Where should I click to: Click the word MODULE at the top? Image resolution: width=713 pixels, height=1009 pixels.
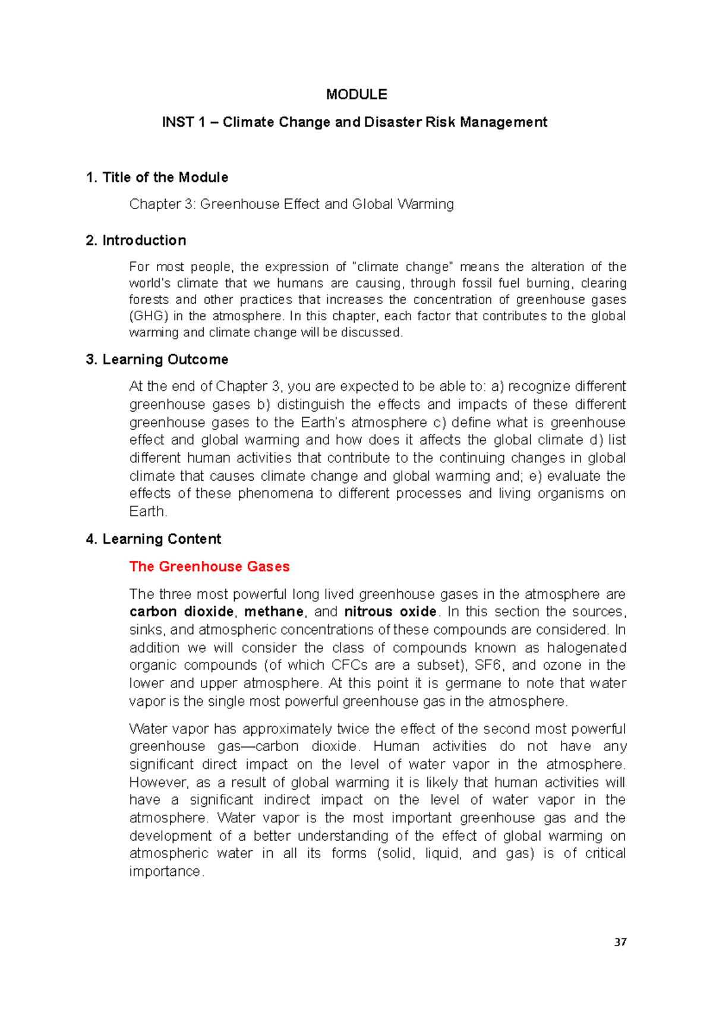(356, 94)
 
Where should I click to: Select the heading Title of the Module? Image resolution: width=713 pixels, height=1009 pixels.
(165, 178)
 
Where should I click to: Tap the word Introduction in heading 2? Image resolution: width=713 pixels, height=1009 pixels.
(144, 241)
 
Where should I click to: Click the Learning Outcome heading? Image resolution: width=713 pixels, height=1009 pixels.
(165, 360)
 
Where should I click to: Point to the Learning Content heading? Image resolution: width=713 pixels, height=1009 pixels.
(161, 540)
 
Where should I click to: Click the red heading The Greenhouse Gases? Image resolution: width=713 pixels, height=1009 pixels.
(209, 567)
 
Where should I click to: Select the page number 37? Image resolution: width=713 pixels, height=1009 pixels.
(620, 942)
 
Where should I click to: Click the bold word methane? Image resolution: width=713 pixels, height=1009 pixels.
(274, 612)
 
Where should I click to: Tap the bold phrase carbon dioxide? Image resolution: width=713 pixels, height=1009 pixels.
(182, 612)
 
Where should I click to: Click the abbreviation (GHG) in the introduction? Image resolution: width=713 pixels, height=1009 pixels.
(149, 316)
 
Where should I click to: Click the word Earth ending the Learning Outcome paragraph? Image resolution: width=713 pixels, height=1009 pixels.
(147, 512)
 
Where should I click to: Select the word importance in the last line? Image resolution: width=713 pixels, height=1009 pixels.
(165, 872)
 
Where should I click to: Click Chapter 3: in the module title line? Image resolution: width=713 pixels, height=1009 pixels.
(162, 204)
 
